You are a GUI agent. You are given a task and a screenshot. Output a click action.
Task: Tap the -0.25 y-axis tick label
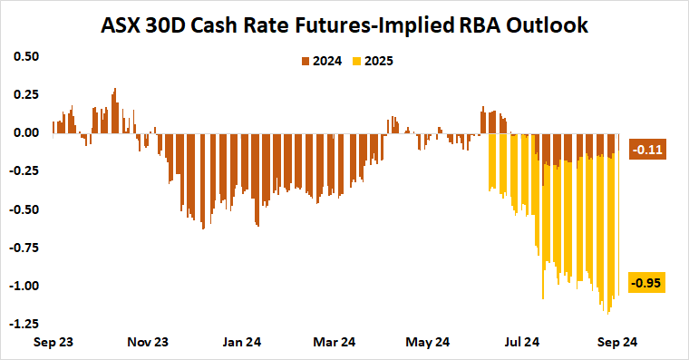[24, 170]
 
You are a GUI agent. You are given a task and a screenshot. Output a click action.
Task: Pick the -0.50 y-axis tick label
[24, 209]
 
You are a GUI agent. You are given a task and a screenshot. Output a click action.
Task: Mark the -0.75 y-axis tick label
[24, 247]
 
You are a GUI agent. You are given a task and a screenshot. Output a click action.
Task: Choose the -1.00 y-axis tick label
[24, 286]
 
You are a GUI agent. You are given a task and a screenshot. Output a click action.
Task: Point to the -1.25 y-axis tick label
[24, 324]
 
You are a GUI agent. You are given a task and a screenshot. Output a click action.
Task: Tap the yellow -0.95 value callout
[648, 283]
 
